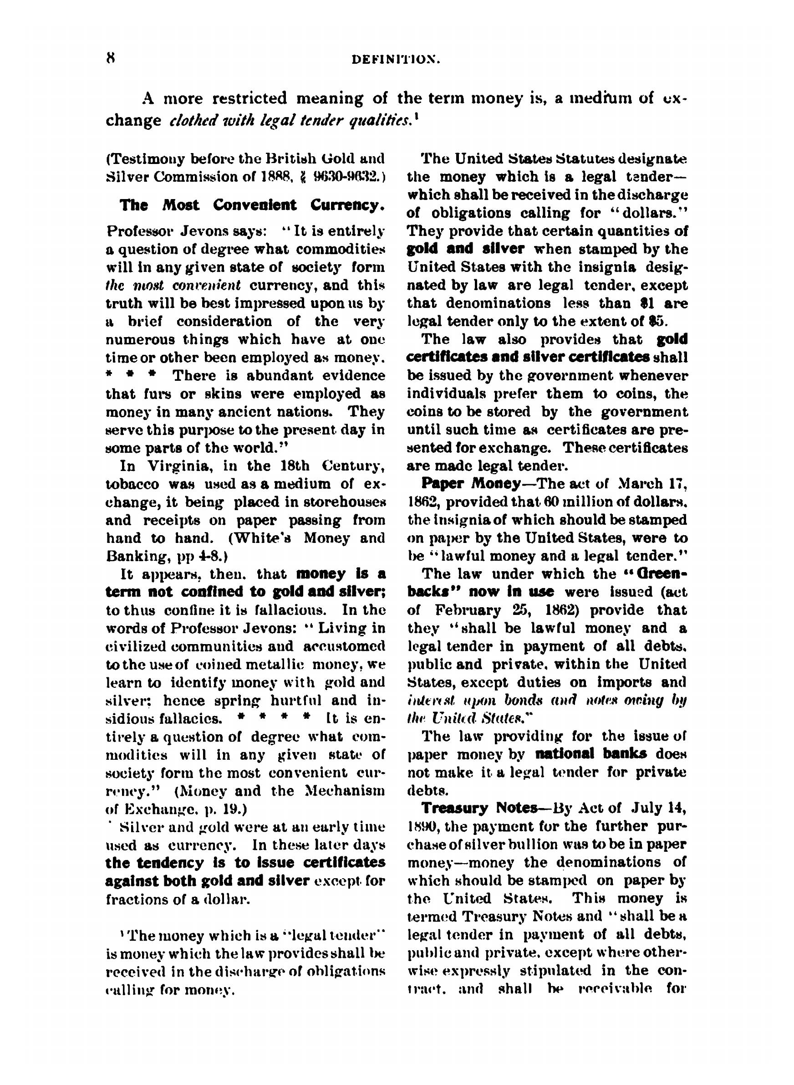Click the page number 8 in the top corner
coord(111,58)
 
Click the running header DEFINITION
coord(396,60)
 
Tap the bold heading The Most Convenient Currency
coord(252,205)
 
